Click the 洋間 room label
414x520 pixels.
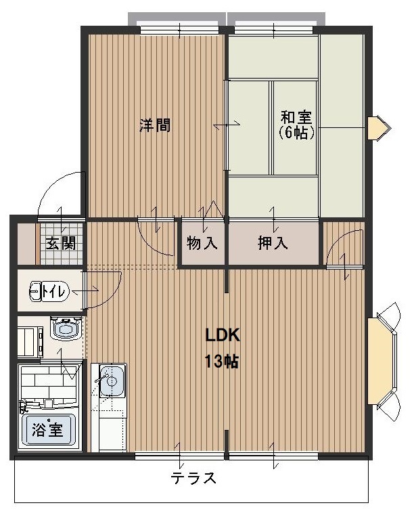pos(155,125)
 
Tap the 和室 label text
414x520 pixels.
pos(296,116)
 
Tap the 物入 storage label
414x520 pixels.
pos(202,244)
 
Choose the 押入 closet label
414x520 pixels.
pos(273,244)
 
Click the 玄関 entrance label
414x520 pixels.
pos(61,243)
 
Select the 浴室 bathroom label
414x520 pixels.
pos(47,429)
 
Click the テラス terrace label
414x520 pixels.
pos(193,478)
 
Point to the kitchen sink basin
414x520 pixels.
pos(112,381)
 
